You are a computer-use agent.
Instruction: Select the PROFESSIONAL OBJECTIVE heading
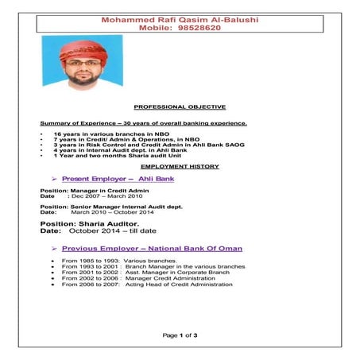point(180,106)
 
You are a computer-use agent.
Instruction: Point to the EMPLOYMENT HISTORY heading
point(180,167)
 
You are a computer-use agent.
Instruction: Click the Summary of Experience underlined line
point(144,123)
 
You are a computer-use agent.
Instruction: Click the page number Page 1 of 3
point(180,335)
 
